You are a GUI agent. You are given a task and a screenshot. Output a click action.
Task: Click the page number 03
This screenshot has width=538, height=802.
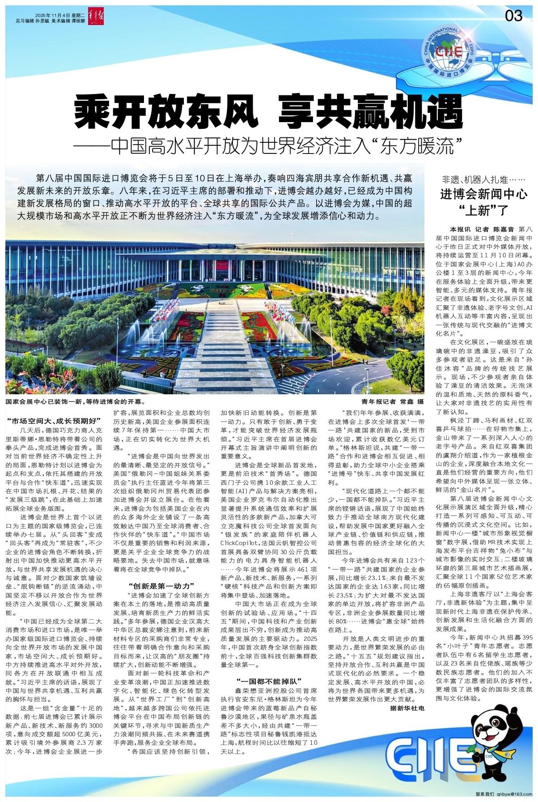pyautogui.click(x=513, y=16)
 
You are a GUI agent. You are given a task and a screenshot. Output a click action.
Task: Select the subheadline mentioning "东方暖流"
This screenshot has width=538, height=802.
pyautogui.click(x=268, y=147)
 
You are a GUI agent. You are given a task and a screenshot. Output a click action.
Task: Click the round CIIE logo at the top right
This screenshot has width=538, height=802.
pyautogui.click(x=449, y=49)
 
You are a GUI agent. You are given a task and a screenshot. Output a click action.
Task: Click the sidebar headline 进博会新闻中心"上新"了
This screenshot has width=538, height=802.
pyautogui.click(x=484, y=201)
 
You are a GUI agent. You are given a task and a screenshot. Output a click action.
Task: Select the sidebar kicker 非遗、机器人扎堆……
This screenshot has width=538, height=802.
pyautogui.click(x=483, y=180)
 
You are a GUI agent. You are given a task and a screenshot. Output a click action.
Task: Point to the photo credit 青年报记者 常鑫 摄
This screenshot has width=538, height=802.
pyautogui.click(x=392, y=402)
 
